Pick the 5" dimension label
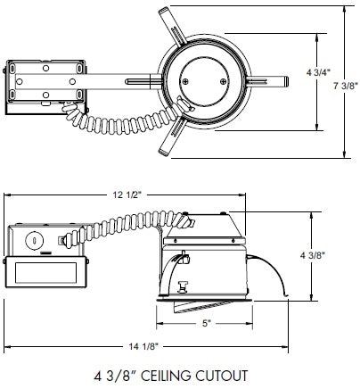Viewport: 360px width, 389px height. coord(207,324)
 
